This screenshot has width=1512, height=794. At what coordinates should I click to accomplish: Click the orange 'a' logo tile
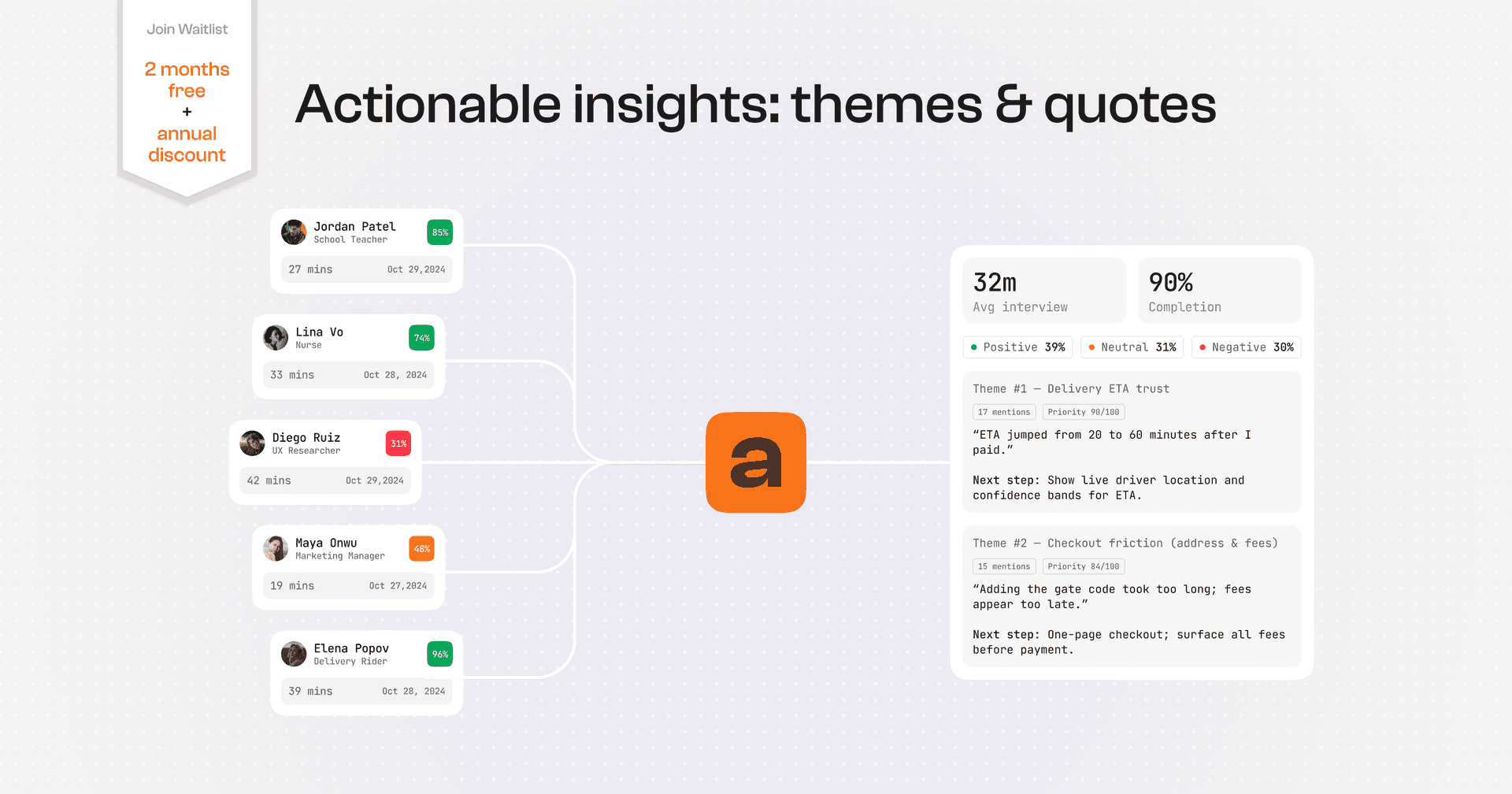[x=755, y=462]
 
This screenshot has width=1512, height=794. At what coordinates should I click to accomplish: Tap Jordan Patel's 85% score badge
[x=439, y=232]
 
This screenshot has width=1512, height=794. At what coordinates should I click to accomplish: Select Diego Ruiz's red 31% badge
[x=398, y=443]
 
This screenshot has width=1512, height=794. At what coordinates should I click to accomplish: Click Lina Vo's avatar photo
[x=276, y=338]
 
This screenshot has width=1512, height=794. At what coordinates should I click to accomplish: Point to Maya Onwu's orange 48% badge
[x=421, y=549]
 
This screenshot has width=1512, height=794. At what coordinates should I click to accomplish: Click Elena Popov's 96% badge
[x=439, y=655]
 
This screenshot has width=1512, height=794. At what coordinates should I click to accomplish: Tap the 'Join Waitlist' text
[x=187, y=29]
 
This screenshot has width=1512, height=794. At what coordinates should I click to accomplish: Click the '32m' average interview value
[x=995, y=282]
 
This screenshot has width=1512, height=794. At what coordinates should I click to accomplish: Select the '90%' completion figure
[x=1170, y=282]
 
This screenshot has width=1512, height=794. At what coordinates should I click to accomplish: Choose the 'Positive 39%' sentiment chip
[x=1017, y=347]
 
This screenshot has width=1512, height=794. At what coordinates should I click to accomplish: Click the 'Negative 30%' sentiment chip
[x=1246, y=347]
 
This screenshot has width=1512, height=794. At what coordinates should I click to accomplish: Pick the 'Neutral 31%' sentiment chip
[x=1132, y=347]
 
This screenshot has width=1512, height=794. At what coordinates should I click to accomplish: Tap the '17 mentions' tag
[x=1004, y=412]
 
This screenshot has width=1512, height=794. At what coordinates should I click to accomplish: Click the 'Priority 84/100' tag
[x=1084, y=566]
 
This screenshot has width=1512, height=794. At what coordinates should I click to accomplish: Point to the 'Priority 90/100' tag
[x=1084, y=412]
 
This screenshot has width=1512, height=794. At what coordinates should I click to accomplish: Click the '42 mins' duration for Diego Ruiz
[x=269, y=480]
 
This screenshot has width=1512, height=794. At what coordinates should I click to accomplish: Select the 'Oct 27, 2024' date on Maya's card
[x=398, y=586]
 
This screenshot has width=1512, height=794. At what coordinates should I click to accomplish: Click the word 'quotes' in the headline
[x=1129, y=106]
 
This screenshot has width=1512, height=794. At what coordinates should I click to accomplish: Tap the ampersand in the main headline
[x=1013, y=106]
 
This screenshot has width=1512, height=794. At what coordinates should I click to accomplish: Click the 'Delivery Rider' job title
[x=350, y=662]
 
